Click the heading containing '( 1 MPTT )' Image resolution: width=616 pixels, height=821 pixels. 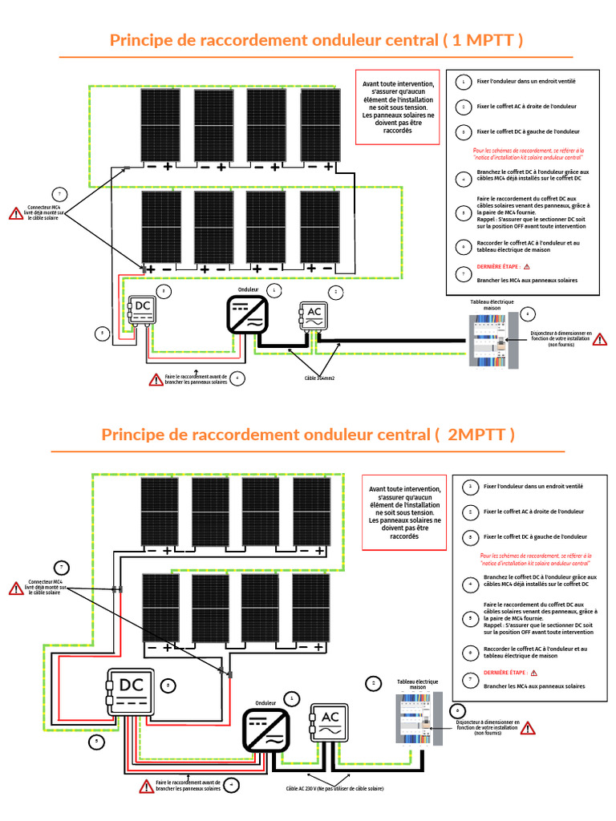click(x=316, y=40)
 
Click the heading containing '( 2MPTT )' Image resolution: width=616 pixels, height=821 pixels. click(x=308, y=435)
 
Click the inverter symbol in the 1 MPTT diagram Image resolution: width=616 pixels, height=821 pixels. click(x=247, y=313)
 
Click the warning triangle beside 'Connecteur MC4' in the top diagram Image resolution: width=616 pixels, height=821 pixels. click(x=16, y=213)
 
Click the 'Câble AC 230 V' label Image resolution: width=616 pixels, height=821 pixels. click(x=334, y=789)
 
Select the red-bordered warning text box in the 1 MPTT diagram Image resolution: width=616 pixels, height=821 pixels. click(x=398, y=107)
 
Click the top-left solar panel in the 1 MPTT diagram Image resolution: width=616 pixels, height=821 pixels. click(x=160, y=124)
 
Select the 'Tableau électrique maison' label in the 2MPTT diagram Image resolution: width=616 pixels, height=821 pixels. click(x=418, y=684)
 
